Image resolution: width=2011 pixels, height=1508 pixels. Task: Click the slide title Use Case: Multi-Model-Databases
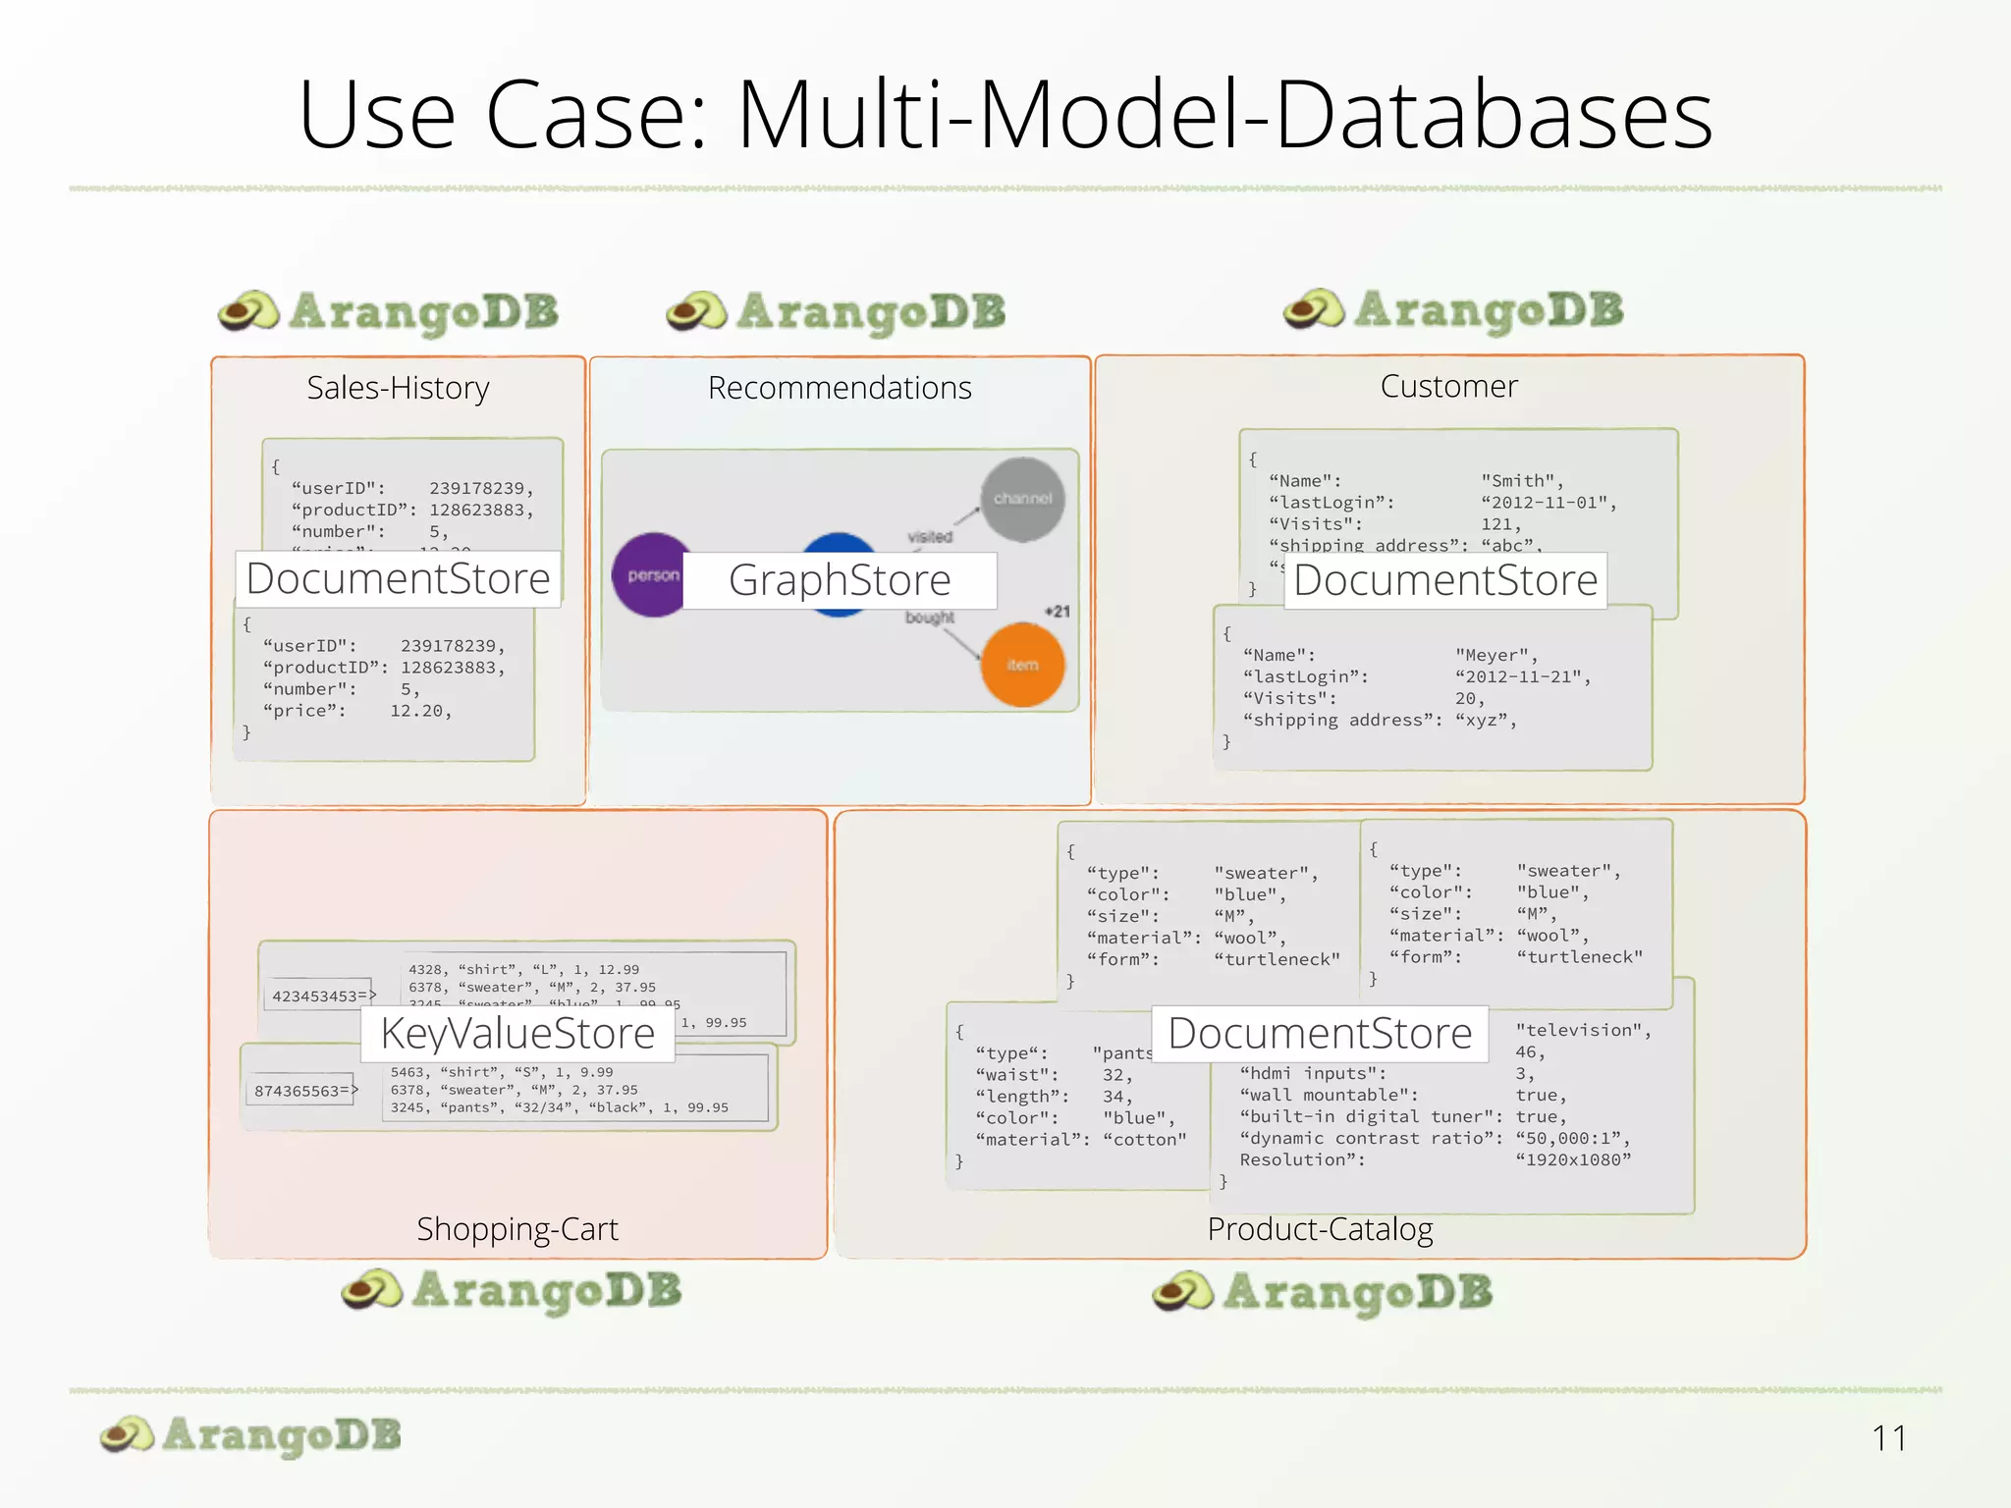coord(1005,115)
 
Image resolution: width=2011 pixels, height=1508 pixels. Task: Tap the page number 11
coord(1888,1438)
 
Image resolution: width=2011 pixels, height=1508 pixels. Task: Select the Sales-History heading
coord(398,388)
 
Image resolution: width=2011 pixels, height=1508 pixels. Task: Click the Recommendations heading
coord(840,388)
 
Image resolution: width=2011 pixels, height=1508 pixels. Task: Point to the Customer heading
coord(1448,386)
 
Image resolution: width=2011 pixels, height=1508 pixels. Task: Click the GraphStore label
coord(840,580)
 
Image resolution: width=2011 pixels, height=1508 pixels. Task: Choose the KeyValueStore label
coord(517,1034)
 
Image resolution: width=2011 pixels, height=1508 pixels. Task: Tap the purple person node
coord(650,575)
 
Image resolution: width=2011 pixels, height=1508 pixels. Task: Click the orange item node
coord(1022,665)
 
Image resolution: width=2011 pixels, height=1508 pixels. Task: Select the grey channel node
coord(1022,499)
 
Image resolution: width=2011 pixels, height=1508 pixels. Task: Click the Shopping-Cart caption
coord(517,1229)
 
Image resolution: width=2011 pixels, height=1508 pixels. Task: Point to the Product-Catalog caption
coord(1320,1229)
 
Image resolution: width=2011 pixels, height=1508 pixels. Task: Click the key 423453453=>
coord(323,996)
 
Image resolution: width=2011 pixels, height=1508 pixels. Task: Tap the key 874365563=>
coord(305,1091)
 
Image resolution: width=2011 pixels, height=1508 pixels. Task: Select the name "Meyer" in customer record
coord(1495,655)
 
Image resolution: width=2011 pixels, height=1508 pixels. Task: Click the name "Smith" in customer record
coord(1521,481)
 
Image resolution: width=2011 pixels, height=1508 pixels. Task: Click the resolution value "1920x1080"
coord(1573,1159)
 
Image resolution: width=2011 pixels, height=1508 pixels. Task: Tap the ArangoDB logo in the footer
coord(251,1435)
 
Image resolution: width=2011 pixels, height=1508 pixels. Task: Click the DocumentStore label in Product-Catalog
coord(1320,1034)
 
